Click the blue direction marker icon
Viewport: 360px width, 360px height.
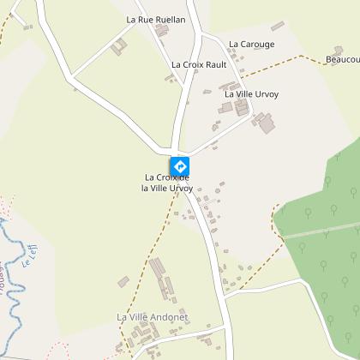pyautogui.click(x=180, y=165)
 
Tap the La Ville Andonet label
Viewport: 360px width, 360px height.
pyautogui.click(x=153, y=317)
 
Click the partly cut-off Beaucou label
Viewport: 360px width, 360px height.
pyautogui.click(x=343, y=59)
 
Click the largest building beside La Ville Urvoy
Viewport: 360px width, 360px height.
pyautogui.click(x=266, y=124)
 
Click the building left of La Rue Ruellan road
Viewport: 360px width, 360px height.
pyautogui.click(x=119, y=45)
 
